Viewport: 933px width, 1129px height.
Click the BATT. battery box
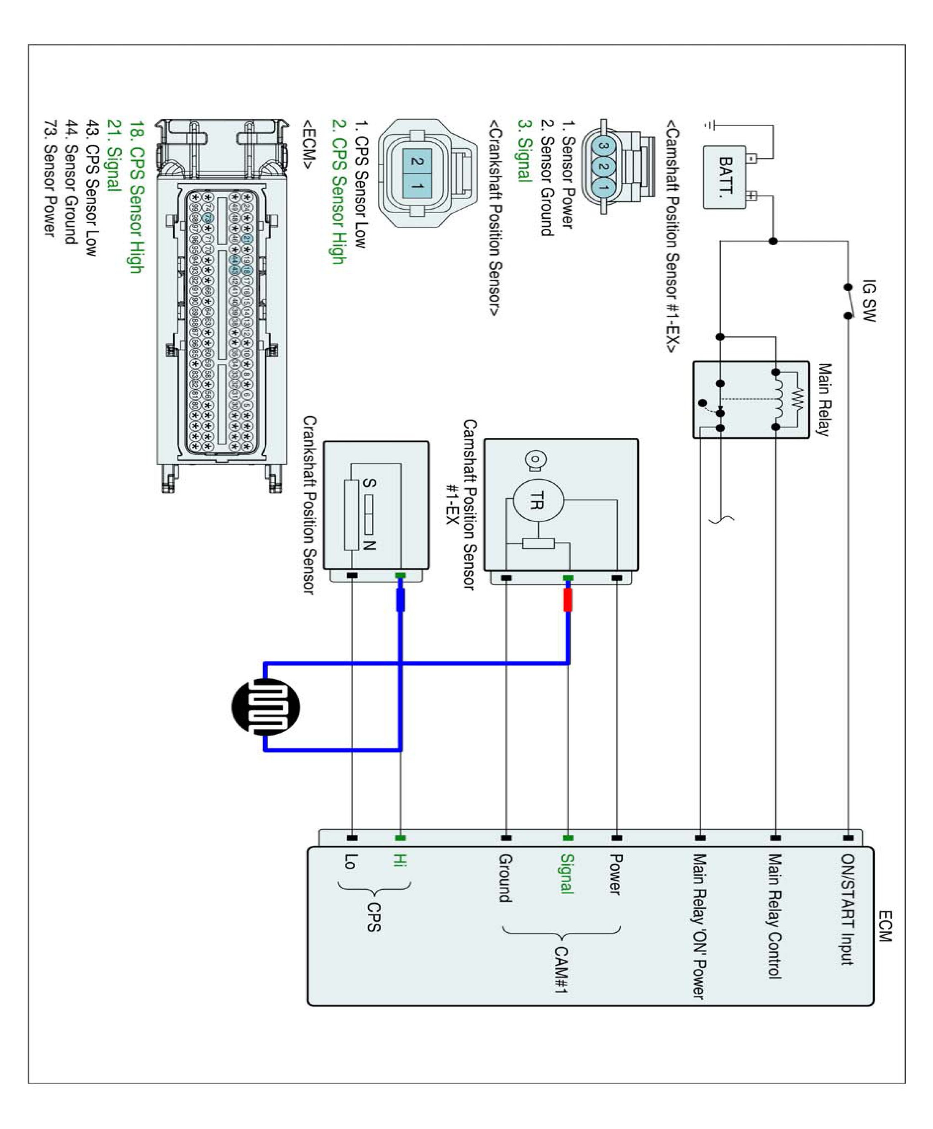(x=725, y=177)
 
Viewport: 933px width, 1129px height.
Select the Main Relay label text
(x=824, y=399)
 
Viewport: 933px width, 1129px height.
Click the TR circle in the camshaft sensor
(x=538, y=501)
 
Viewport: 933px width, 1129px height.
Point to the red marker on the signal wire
(x=567, y=600)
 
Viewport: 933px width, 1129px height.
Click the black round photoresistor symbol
(x=266, y=706)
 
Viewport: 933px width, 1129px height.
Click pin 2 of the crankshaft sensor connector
(x=417, y=161)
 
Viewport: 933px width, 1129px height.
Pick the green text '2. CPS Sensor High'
(x=338, y=192)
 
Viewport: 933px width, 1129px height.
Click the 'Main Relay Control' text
(x=774, y=916)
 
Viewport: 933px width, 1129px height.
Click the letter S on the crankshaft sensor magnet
(x=369, y=483)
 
